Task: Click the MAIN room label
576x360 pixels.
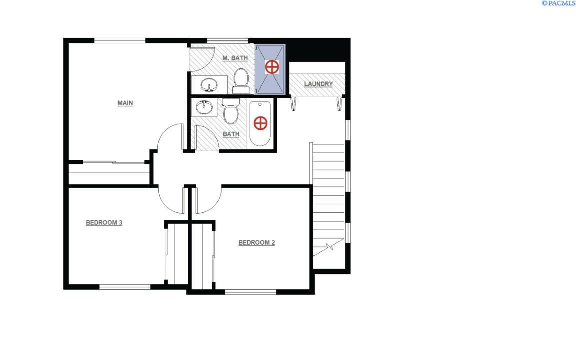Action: pos(125,103)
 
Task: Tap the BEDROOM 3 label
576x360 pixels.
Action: pos(104,223)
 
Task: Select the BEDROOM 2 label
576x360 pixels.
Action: pos(256,243)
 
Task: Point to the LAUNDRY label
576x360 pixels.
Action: pos(318,84)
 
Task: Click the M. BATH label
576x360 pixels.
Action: pos(235,58)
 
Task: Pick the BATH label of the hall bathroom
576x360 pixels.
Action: pos(231,134)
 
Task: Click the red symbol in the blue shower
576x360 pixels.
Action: pos(271,67)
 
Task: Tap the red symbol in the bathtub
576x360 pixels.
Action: pos(260,123)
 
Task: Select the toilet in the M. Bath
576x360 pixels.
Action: pos(241,81)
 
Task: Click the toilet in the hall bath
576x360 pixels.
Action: pos(231,112)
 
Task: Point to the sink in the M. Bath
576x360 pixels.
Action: pos(210,85)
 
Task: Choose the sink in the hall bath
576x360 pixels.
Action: pos(203,107)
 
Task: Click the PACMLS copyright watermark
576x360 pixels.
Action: pos(558,3)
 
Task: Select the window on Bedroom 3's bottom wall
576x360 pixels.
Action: pos(125,287)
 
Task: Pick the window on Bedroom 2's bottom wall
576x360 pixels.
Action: pos(250,292)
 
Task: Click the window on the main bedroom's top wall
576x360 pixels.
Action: pos(120,40)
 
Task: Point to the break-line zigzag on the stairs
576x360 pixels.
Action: pos(329,246)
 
